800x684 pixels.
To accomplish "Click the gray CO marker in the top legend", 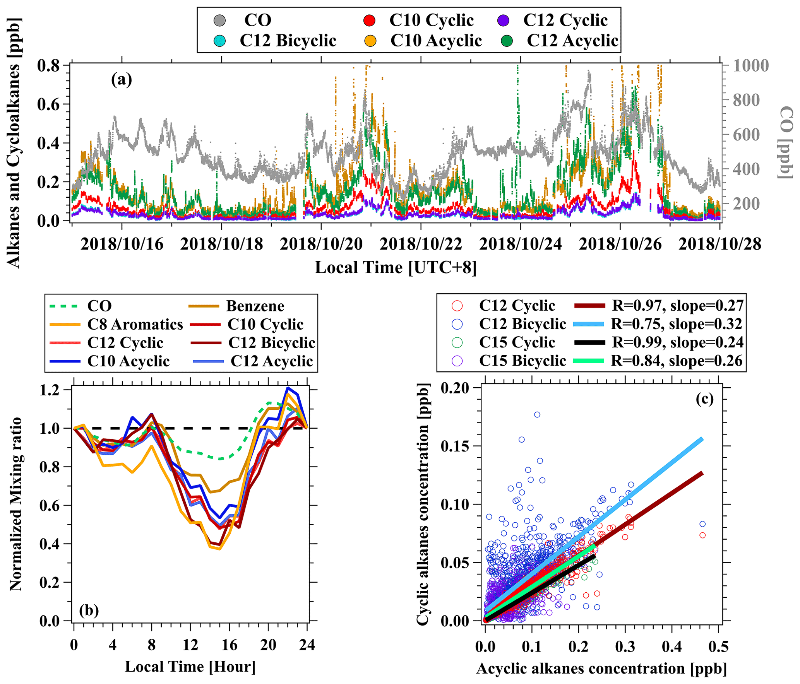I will (x=220, y=20).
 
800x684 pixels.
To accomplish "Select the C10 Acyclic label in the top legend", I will (x=436, y=41).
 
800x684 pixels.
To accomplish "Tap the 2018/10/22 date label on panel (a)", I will (x=421, y=244).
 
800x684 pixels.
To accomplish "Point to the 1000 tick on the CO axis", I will (x=750, y=65).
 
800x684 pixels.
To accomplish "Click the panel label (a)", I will (x=122, y=80).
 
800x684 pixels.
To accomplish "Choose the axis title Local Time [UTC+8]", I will (x=396, y=267).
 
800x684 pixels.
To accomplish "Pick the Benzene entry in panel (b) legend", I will (x=255, y=306).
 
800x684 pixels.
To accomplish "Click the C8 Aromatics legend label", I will (x=135, y=324).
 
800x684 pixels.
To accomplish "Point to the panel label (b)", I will (x=89, y=610).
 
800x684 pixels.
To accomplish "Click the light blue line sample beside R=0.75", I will (x=588, y=324).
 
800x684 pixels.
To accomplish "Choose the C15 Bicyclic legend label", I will (x=522, y=361).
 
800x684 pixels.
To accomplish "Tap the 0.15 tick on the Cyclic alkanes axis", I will (x=454, y=446).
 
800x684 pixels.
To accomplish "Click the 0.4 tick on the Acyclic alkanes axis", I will (x=672, y=646).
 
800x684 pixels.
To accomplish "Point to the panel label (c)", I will (x=704, y=399).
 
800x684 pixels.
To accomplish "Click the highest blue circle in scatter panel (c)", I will (x=537, y=415).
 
